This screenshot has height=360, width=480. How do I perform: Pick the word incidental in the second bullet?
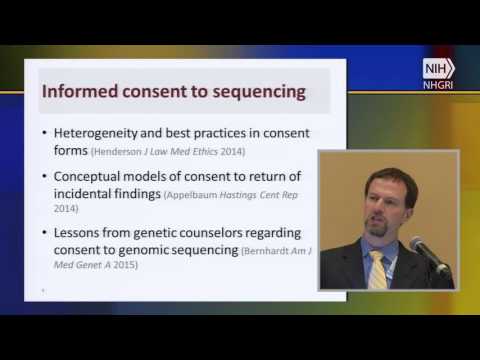pos(92,194)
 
